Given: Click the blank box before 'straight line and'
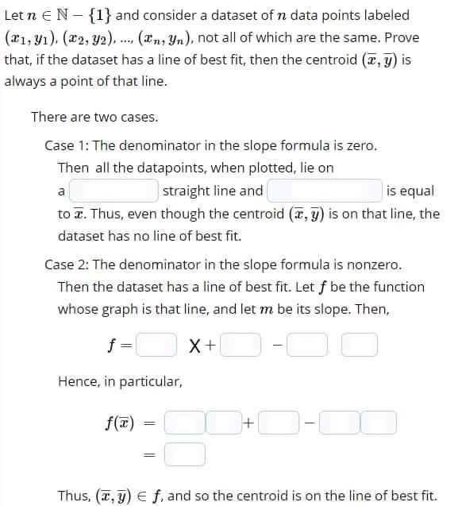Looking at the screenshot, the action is (114, 191).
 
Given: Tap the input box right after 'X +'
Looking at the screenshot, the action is (243, 346).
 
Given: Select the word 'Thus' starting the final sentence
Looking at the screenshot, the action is (73, 495).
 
